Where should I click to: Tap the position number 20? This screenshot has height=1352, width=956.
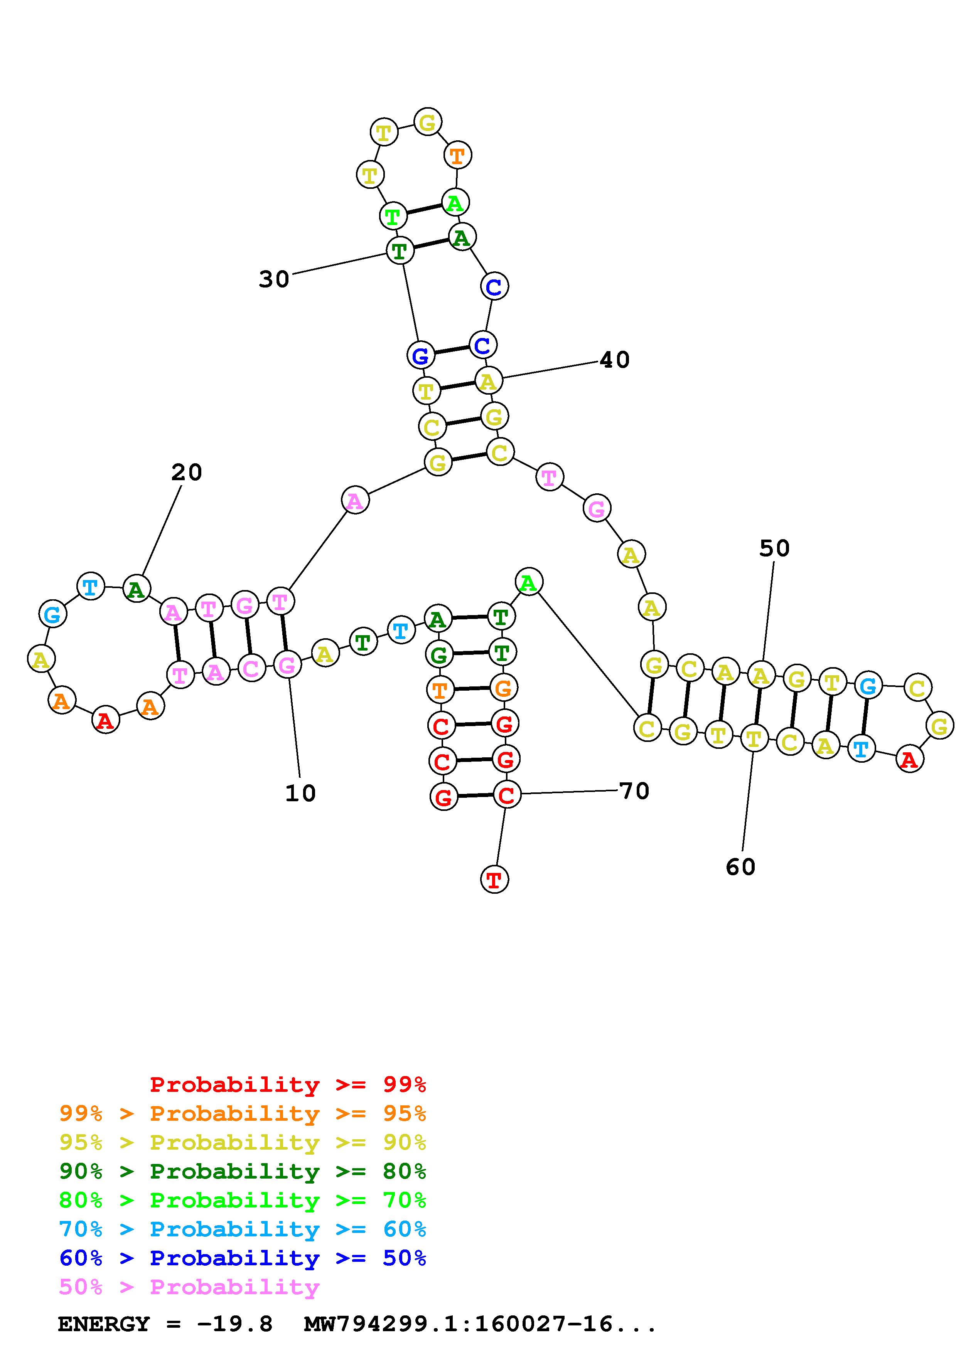coord(187,472)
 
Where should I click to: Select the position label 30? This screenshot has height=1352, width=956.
coord(274,279)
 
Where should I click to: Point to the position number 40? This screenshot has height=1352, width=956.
coord(614,360)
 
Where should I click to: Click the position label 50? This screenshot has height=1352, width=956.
coord(774,548)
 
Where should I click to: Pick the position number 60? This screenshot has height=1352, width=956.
coord(740,867)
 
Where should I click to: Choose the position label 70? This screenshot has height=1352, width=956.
coord(634,791)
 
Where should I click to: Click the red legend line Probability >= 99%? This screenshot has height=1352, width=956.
coord(287,1085)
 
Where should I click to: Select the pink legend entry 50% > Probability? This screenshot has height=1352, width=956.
coord(189,1287)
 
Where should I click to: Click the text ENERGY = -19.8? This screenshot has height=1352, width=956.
coord(165,1324)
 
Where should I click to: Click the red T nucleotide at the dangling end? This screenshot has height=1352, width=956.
coord(494,880)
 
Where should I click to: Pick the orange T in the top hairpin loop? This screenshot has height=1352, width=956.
coord(457,156)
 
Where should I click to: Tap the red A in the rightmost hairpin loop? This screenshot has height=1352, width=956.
coord(909,760)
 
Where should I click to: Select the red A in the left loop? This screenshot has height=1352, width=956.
coord(105,720)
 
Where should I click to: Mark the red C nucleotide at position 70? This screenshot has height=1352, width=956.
coord(506,795)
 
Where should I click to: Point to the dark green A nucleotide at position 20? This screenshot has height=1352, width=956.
coord(137,589)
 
